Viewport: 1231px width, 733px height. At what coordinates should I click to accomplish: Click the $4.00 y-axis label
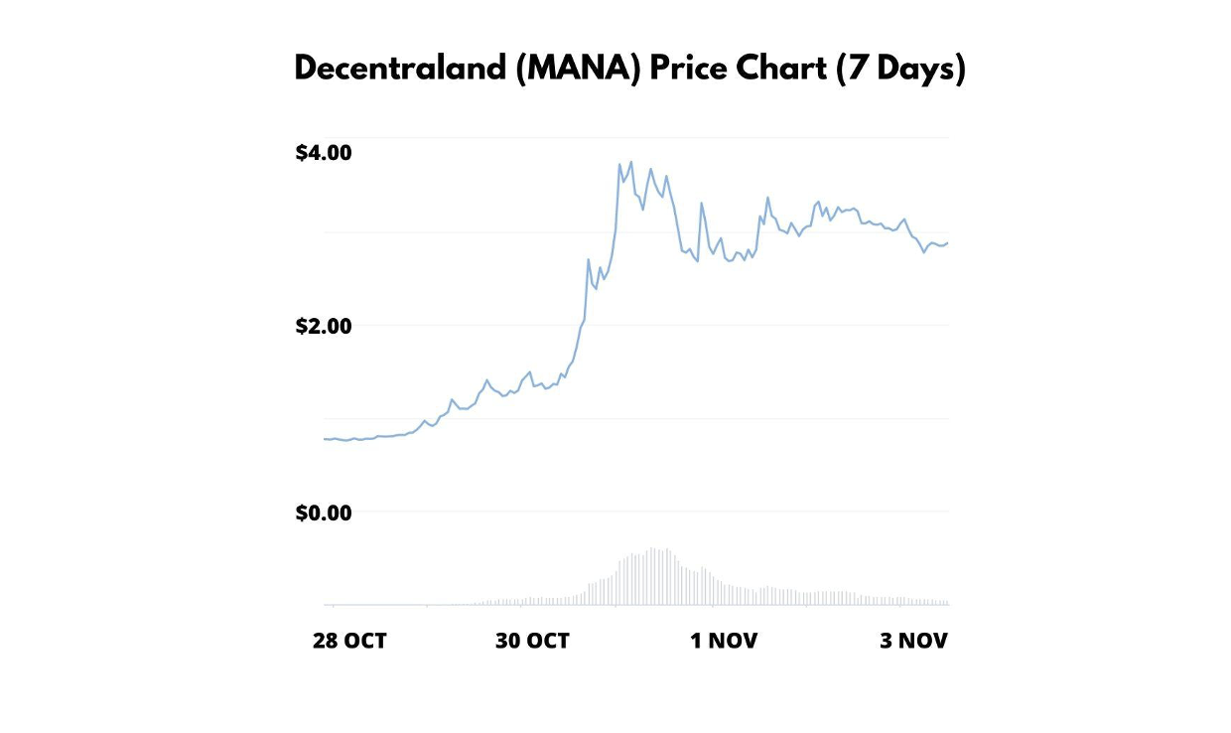coord(324,153)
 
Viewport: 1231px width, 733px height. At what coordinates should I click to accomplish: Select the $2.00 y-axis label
coord(324,326)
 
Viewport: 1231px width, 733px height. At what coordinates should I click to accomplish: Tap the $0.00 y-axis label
coord(324,513)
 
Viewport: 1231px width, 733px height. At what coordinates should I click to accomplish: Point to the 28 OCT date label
coord(349,641)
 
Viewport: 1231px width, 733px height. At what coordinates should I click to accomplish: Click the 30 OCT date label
coord(532,641)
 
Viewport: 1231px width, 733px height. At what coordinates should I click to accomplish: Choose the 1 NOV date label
coord(724,641)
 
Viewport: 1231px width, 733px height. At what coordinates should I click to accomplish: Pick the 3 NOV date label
coord(913,641)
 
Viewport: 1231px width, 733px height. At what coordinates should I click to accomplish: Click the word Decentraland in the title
coord(399,70)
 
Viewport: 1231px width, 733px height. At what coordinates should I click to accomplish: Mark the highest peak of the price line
coord(630,162)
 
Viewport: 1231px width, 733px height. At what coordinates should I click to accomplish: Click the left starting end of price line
coord(325,438)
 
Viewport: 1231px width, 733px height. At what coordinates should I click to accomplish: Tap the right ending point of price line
coord(947,242)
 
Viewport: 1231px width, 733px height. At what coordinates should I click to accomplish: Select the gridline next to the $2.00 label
coord(645,325)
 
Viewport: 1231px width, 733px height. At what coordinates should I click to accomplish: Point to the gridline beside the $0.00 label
coord(645,512)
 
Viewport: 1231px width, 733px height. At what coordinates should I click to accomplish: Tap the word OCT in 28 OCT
coord(366,641)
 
